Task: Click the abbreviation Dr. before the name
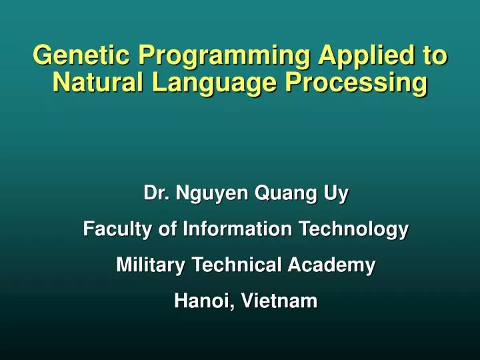tap(155, 194)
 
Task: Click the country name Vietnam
tap(279, 301)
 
